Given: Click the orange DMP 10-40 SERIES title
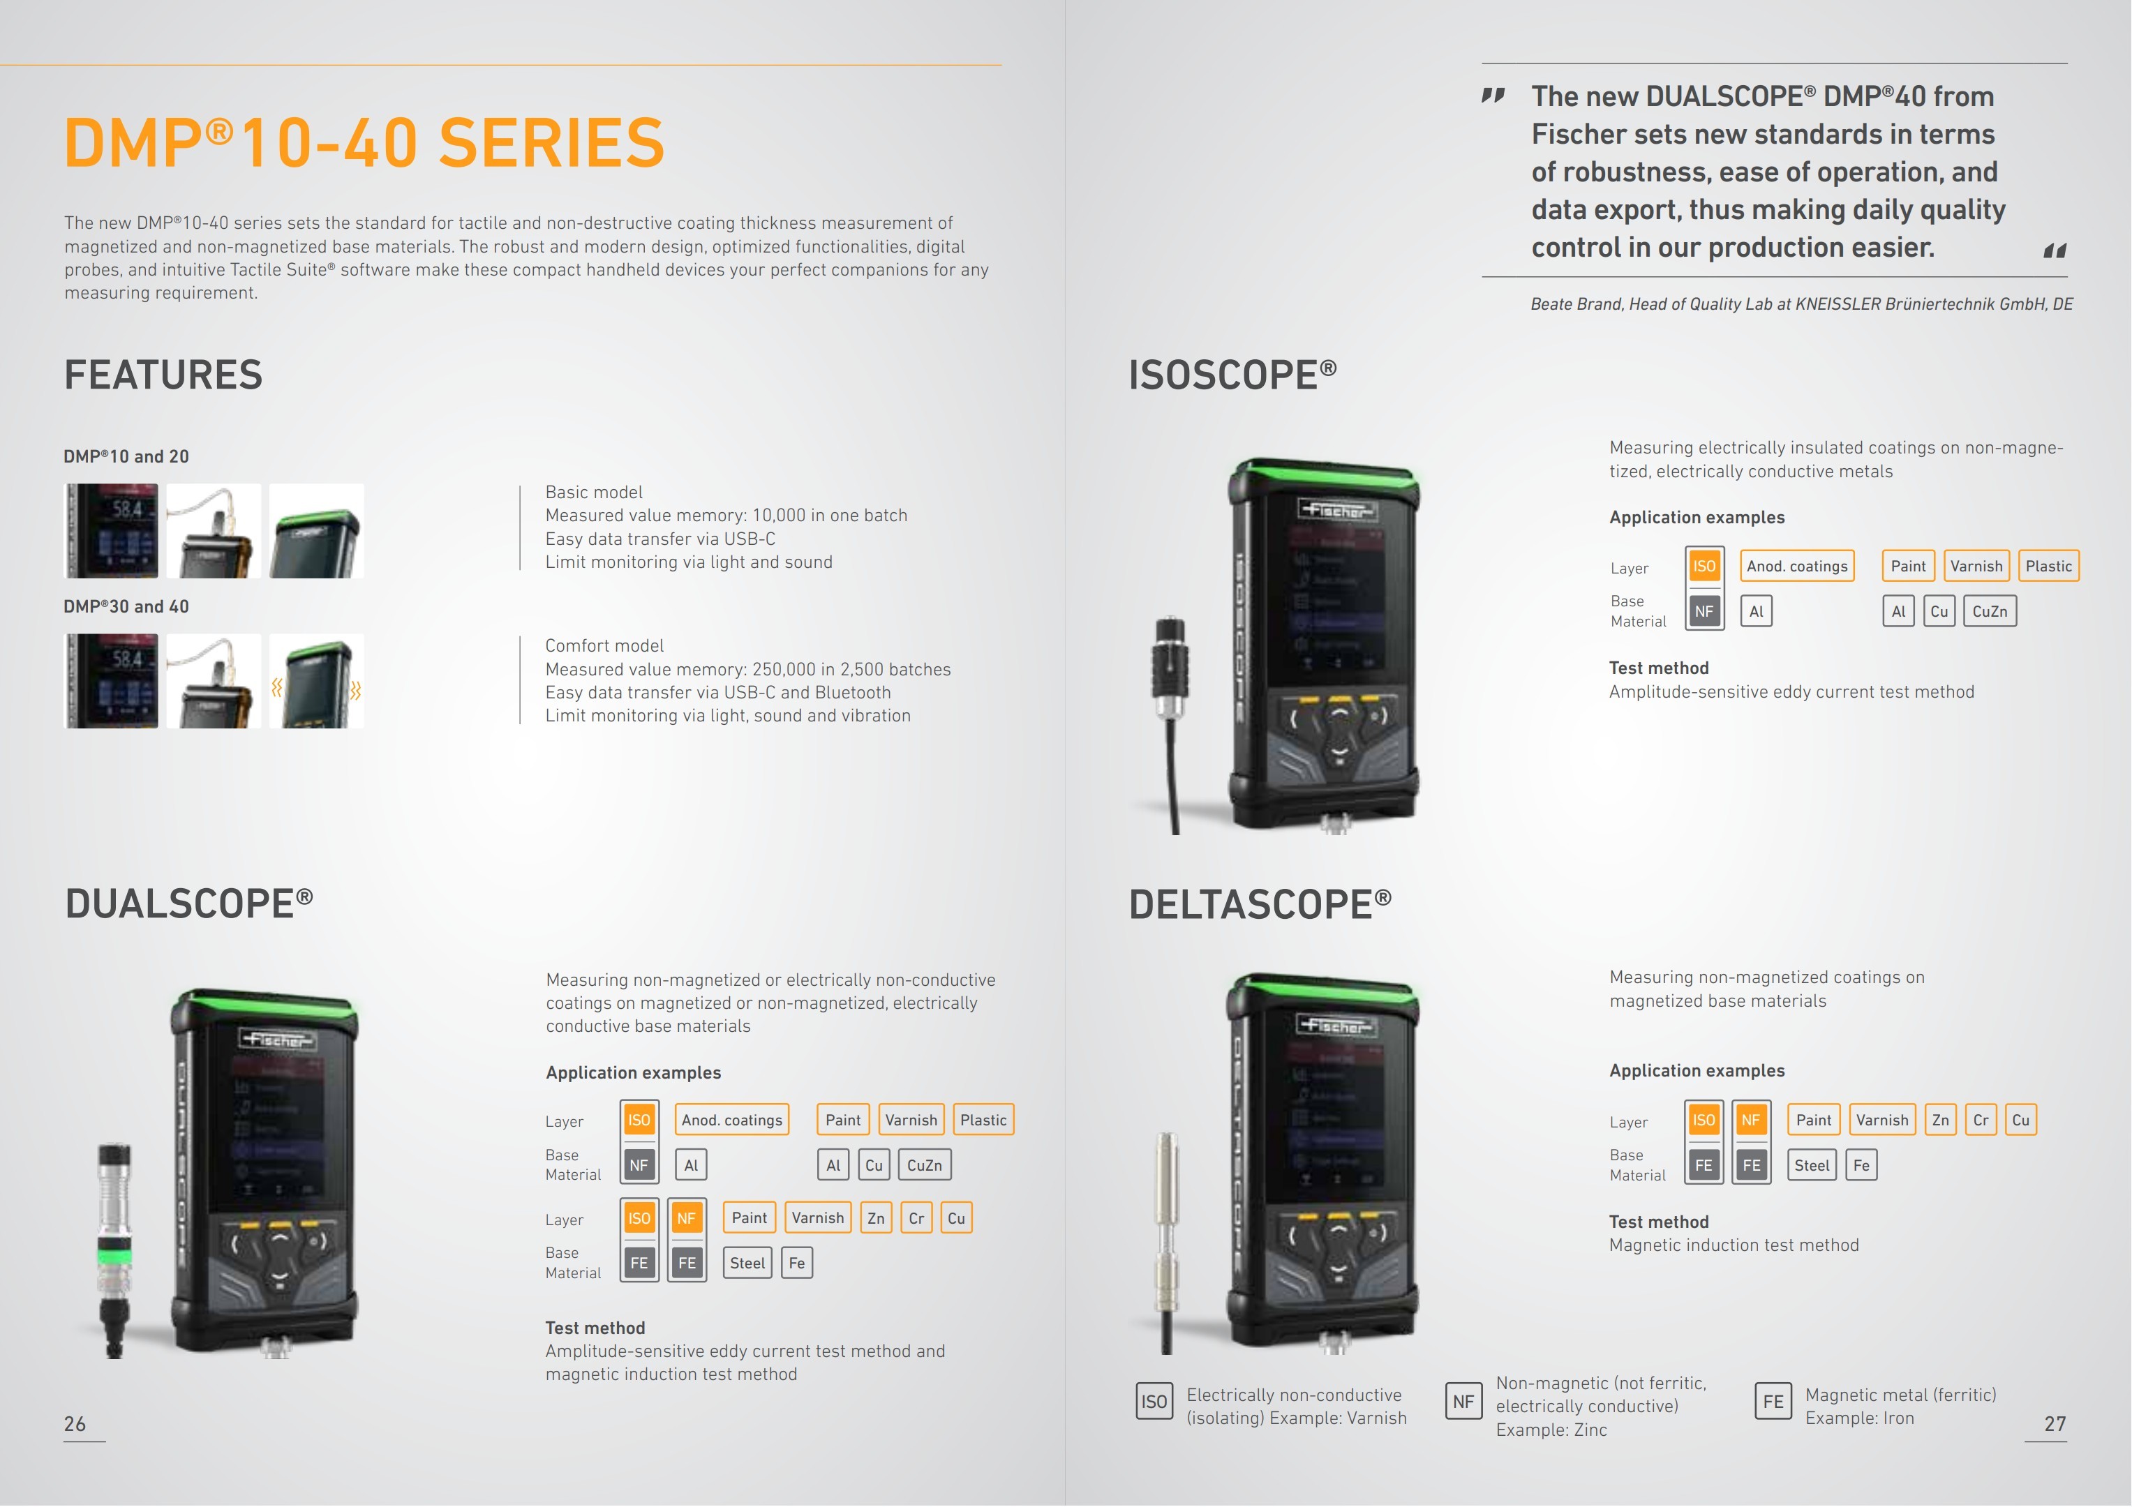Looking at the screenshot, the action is [x=364, y=143].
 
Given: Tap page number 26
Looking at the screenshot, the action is [x=74, y=1423].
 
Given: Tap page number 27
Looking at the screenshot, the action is [x=2055, y=1423].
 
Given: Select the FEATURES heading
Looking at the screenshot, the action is [x=163, y=375].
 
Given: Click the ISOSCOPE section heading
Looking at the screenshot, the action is [x=1232, y=375].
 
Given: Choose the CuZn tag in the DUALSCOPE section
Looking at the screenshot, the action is [x=924, y=1165].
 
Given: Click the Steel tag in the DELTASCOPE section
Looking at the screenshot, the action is [x=1812, y=1165].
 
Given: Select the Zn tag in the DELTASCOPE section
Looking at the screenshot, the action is [x=1941, y=1120].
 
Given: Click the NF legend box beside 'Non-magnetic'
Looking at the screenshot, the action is [x=1463, y=1401].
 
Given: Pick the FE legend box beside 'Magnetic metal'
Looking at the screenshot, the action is [x=1773, y=1401].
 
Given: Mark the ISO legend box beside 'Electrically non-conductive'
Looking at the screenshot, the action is [x=1154, y=1401].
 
